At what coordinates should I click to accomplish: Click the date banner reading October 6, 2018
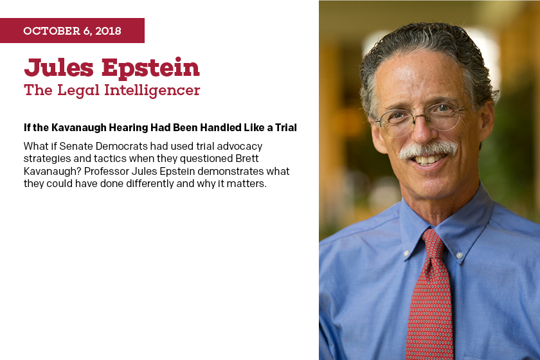[72, 31]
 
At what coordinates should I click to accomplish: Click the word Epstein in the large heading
[150, 68]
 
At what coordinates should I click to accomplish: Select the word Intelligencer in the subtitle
[152, 91]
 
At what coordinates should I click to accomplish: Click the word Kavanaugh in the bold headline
[79, 128]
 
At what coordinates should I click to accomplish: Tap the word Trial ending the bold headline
[286, 128]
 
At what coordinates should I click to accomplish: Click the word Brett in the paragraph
[247, 159]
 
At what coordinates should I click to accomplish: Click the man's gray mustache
[428, 150]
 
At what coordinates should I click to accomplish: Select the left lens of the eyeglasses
[398, 122]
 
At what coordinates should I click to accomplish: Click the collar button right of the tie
[459, 255]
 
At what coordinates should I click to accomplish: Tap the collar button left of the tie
[406, 253]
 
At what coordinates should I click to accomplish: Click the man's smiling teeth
[426, 159]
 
